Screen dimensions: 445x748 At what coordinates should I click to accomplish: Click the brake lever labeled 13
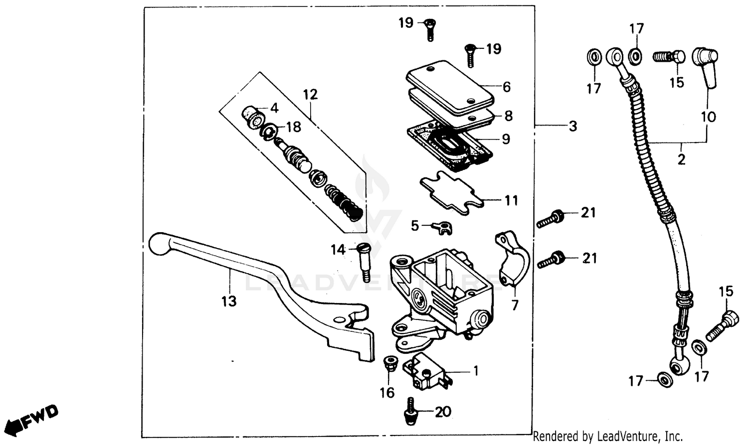point(259,289)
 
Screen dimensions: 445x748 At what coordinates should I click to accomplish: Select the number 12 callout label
point(310,94)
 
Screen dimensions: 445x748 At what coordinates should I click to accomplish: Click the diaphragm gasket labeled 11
point(451,194)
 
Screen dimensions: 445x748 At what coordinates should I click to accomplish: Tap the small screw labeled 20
point(411,411)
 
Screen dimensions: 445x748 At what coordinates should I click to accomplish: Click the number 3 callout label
point(572,126)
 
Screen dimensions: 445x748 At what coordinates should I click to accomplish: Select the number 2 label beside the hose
point(681,159)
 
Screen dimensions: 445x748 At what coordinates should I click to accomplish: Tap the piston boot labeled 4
point(253,117)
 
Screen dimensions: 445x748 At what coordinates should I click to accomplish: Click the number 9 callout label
point(506,139)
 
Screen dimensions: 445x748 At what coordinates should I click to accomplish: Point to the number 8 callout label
point(508,116)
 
